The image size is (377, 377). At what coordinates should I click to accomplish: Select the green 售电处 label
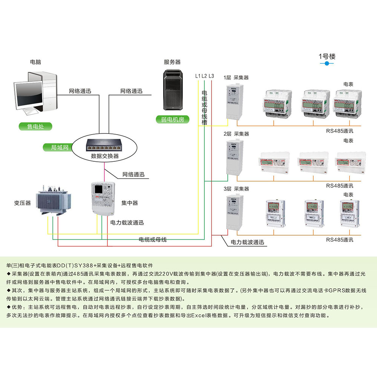[x=36, y=126]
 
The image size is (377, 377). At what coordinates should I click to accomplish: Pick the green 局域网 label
[x=59, y=147]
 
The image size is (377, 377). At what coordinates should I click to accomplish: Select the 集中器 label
[x=129, y=203]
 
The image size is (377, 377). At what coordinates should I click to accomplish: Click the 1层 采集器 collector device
[x=233, y=102]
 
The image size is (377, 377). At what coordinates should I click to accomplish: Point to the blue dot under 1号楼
[x=326, y=64]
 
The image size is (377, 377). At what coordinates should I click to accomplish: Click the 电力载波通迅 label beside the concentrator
[x=127, y=223]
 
